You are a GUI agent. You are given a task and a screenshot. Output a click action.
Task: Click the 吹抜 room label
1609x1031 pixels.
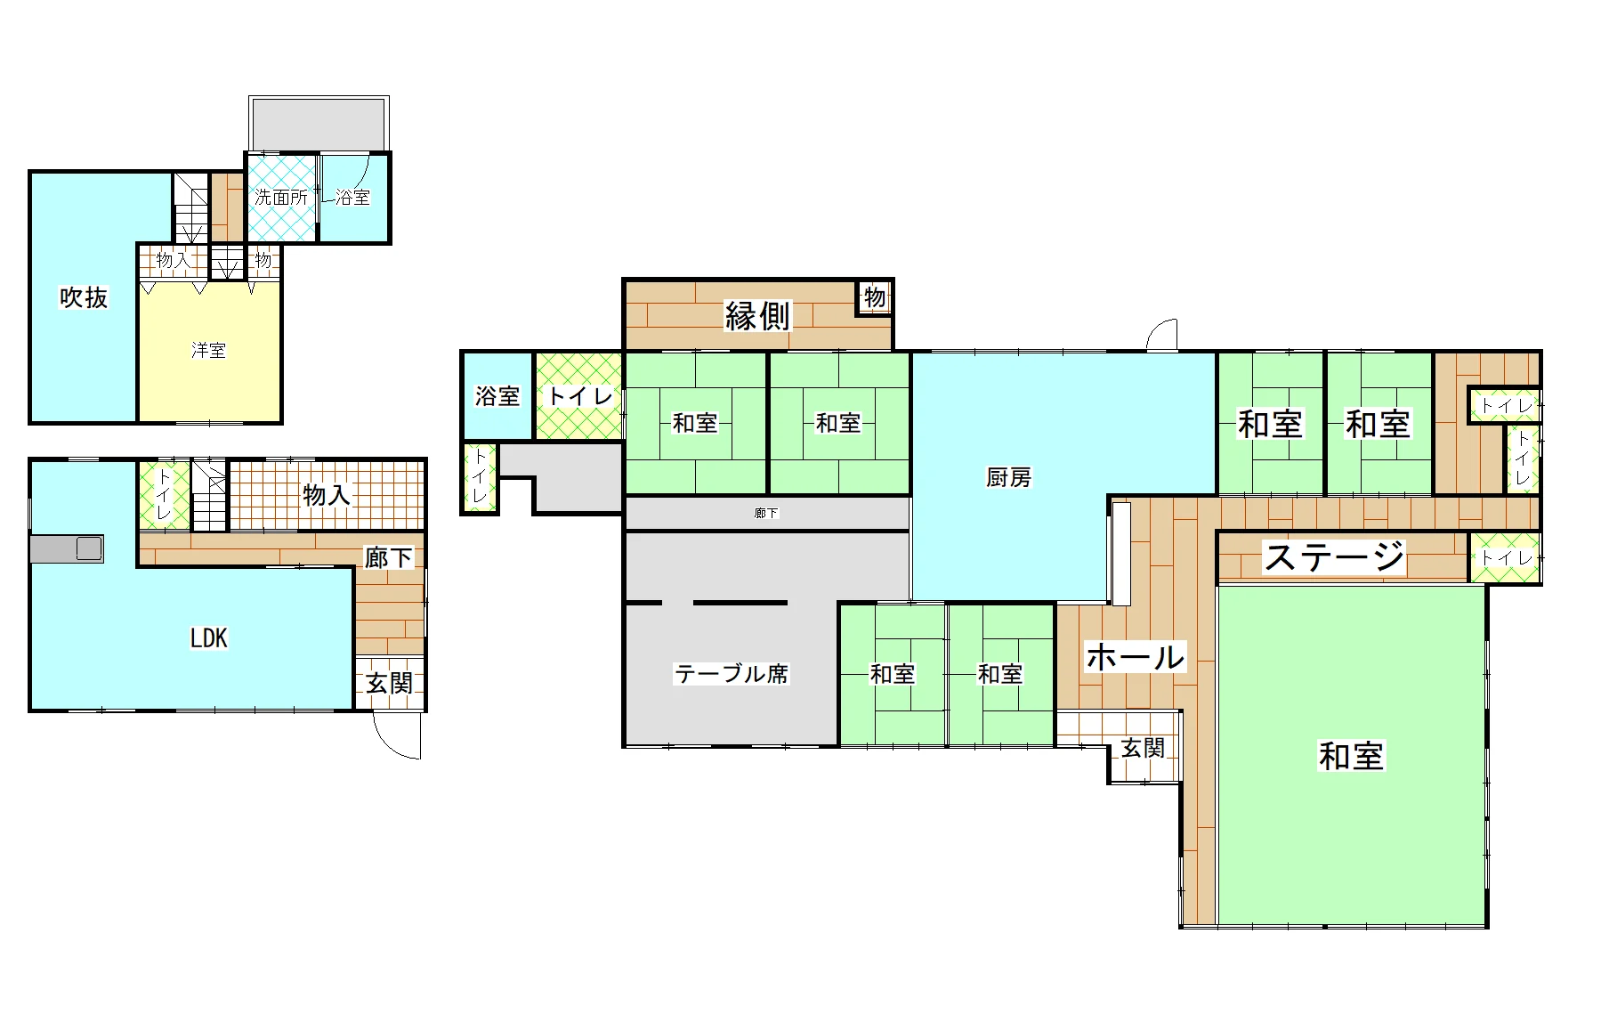(84, 297)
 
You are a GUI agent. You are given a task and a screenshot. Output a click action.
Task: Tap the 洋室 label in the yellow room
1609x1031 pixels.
(208, 351)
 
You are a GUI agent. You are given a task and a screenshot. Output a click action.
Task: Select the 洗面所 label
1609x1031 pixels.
(281, 198)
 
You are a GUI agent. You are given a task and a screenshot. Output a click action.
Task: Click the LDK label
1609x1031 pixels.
(209, 638)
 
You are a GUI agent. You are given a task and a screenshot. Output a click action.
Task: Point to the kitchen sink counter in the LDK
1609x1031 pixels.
(67, 548)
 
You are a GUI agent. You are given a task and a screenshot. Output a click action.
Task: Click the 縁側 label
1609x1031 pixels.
(757, 315)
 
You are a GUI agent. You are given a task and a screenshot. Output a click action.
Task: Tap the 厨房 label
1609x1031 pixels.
(1008, 478)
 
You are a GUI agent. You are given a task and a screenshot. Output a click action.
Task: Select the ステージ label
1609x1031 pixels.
(1335, 557)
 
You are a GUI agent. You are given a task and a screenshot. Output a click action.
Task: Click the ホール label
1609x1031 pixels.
(1136, 657)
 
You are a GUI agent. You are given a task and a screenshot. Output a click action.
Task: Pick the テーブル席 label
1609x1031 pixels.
(732, 674)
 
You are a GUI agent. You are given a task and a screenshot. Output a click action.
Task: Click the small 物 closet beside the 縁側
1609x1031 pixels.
(875, 297)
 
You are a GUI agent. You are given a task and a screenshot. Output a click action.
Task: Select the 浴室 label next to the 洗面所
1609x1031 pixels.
(352, 198)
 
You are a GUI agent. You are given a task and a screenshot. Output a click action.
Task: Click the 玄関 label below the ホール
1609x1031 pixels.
(1143, 748)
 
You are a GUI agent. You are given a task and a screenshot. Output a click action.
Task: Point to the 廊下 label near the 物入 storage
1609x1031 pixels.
(389, 557)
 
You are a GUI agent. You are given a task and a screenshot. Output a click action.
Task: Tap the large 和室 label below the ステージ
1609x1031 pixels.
(1351, 756)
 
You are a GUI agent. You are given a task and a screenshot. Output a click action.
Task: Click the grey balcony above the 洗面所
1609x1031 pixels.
(319, 125)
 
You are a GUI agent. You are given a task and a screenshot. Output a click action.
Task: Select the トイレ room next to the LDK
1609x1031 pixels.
(164, 495)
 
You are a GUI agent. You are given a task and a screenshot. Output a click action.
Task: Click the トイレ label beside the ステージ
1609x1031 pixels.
(1506, 558)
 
